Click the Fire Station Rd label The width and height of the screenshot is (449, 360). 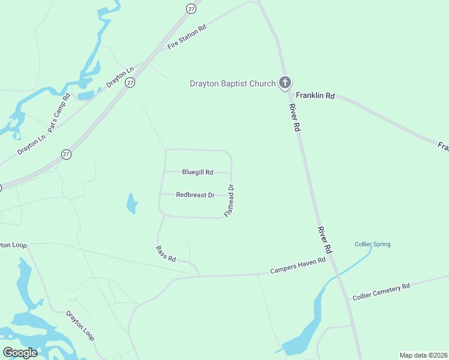pyautogui.click(x=187, y=37)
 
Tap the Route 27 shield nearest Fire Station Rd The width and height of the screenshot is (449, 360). pyautogui.click(x=191, y=8)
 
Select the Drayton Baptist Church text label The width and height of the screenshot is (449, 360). pyautogui.click(x=232, y=83)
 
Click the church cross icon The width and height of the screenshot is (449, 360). pyautogui.click(x=285, y=83)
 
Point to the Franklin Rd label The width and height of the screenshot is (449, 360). pyautogui.click(x=315, y=95)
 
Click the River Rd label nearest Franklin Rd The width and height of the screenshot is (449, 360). pyautogui.click(x=294, y=118)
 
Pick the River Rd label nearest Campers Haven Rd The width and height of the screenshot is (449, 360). pyautogui.click(x=325, y=239)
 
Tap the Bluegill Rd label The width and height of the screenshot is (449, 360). pyautogui.click(x=197, y=172)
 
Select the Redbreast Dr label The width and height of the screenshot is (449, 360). pyautogui.click(x=195, y=195)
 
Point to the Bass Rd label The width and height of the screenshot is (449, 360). pyautogui.click(x=166, y=254)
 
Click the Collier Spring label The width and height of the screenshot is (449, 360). pyautogui.click(x=372, y=244)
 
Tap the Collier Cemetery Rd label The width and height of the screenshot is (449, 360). pyautogui.click(x=381, y=292)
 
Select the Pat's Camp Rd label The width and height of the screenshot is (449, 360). pyautogui.click(x=59, y=113)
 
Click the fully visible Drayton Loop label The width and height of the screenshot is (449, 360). pyautogui.click(x=80, y=325)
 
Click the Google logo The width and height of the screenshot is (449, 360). pyautogui.click(x=20, y=353)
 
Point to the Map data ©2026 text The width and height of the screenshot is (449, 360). pyautogui.click(x=423, y=355)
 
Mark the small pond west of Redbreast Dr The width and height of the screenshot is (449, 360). pyautogui.click(x=131, y=204)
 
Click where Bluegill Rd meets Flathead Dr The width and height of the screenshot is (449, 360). pyautogui.click(x=232, y=173)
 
